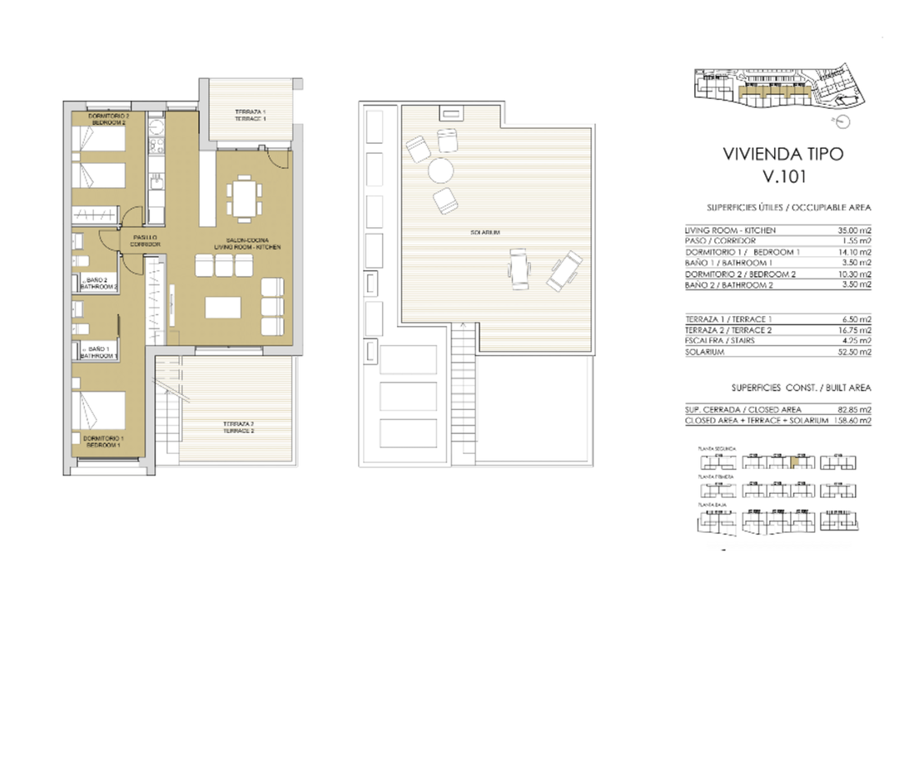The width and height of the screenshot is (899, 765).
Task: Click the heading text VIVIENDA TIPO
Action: point(783,154)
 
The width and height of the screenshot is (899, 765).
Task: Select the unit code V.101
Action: point(783,176)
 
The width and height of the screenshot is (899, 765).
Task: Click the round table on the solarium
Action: point(440,170)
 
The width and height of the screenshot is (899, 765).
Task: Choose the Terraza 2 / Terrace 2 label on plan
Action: point(238,428)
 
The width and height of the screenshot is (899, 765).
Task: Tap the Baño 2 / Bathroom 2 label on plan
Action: point(99,283)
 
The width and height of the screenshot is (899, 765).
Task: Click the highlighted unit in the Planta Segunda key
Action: point(794,463)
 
